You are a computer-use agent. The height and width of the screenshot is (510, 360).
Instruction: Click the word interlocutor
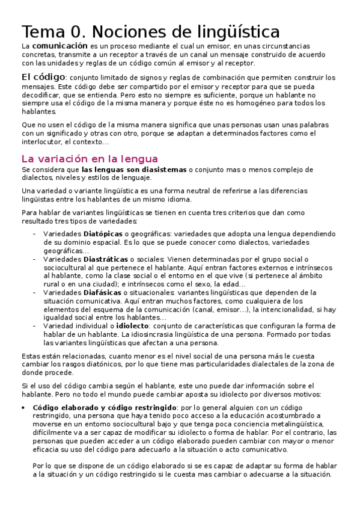point(44,142)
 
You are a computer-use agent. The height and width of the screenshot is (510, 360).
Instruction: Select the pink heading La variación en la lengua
point(90,159)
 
